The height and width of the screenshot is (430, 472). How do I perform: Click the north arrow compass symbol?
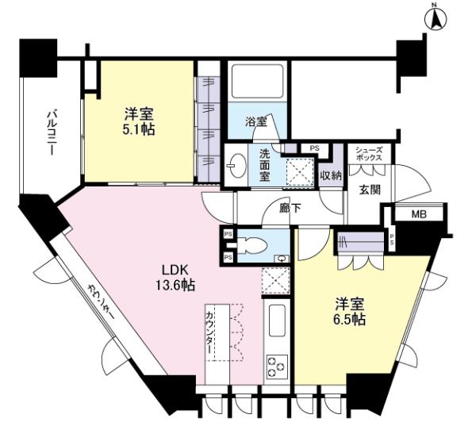click(x=436, y=19)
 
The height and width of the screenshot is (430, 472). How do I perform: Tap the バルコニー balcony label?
click(x=52, y=133)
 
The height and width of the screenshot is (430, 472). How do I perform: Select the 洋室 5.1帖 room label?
click(x=139, y=122)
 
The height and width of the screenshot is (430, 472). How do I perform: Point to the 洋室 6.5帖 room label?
click(x=350, y=312)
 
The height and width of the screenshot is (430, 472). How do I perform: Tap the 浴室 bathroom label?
click(x=256, y=122)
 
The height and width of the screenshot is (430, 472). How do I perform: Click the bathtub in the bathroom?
click(x=258, y=81)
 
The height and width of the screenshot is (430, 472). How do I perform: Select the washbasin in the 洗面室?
click(x=237, y=165)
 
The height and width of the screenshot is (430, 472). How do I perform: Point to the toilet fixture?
click(x=251, y=244)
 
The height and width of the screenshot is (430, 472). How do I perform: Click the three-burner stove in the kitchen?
click(x=276, y=366)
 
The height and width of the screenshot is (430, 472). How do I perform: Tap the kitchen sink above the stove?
click(x=277, y=321)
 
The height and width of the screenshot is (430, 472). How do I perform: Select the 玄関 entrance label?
click(x=370, y=190)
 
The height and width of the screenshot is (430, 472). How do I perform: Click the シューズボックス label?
click(x=369, y=154)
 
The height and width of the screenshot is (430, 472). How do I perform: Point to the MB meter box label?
click(x=419, y=215)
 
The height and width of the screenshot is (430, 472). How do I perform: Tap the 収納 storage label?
click(x=331, y=175)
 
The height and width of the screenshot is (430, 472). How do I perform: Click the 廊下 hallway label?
click(x=290, y=209)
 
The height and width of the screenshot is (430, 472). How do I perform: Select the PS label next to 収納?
click(x=315, y=148)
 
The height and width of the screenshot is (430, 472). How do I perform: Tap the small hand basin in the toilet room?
click(x=282, y=259)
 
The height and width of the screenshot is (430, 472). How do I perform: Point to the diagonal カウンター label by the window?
click(x=101, y=302)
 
